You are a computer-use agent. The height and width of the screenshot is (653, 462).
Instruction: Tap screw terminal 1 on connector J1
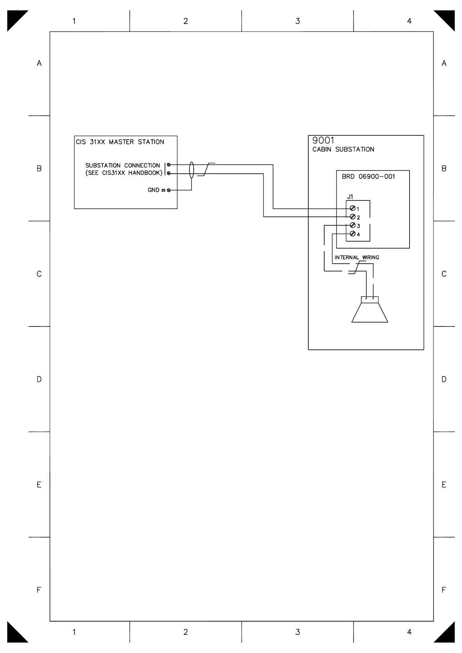click(353, 209)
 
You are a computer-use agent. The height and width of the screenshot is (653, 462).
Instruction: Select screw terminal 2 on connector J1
click(353, 217)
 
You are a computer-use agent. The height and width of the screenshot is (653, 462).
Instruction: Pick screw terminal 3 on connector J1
click(353, 225)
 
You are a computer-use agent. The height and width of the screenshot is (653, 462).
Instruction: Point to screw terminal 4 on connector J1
click(353, 233)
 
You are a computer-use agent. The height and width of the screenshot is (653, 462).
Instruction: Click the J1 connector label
click(350, 197)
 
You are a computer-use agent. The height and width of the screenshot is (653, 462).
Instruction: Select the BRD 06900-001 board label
click(368, 177)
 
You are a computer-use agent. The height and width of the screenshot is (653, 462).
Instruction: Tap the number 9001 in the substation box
click(323, 140)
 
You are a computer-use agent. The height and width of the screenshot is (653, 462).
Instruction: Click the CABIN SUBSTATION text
click(343, 150)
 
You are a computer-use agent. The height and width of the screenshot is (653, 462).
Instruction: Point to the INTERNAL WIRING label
click(357, 257)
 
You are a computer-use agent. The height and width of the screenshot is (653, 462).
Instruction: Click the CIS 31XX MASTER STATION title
click(120, 142)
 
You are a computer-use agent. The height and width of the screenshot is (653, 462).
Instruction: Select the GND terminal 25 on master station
click(169, 190)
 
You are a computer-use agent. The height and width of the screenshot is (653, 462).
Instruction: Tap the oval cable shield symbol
click(191, 170)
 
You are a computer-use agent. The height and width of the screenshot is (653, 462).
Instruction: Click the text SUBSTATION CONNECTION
click(123, 166)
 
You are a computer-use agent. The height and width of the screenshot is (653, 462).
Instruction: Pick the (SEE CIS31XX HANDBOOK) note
click(124, 173)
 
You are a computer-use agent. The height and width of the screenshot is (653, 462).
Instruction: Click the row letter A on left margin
click(39, 63)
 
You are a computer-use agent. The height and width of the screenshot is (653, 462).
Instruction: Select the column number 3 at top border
click(297, 21)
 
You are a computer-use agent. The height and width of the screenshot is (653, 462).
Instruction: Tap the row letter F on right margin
click(444, 590)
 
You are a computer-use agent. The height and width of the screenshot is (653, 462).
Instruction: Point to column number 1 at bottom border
click(74, 632)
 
